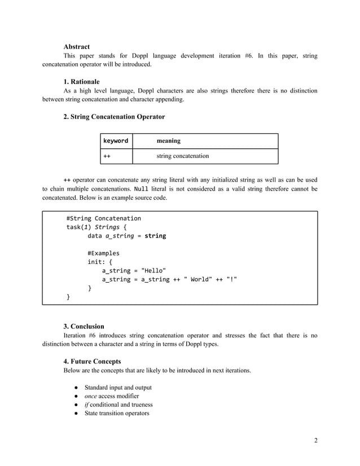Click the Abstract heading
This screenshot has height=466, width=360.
coord(77,46)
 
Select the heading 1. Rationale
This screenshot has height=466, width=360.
coord(81,82)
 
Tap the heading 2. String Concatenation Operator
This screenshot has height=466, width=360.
coord(114,117)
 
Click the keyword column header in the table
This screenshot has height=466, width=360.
coord(115,140)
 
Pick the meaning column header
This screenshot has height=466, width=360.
coord(169,140)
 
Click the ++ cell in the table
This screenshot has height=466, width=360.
coord(106,156)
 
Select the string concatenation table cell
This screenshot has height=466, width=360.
coord(182,156)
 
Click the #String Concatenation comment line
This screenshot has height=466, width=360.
coord(103,218)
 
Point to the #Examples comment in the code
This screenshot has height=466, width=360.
coord(103,253)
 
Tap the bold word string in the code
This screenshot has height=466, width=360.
coord(155,236)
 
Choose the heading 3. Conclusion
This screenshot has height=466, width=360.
coord(84,326)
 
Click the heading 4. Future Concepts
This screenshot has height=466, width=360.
coord(92,361)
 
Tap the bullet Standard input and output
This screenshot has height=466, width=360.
coord(118,387)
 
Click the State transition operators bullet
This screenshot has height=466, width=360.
coord(117,414)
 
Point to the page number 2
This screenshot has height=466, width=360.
coord(315,440)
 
